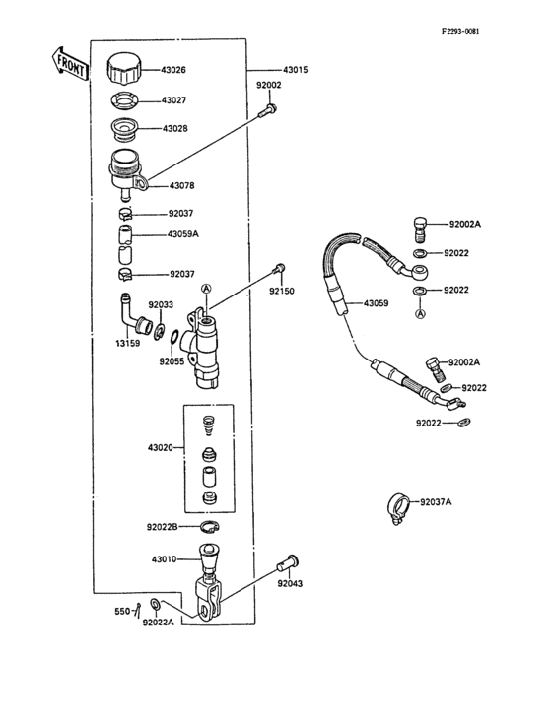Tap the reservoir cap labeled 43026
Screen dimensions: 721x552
(125, 69)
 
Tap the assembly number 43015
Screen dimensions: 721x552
(295, 70)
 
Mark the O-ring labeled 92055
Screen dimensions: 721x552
(172, 341)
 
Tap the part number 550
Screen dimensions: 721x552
(122, 612)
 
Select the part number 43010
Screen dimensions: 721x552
(164, 559)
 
